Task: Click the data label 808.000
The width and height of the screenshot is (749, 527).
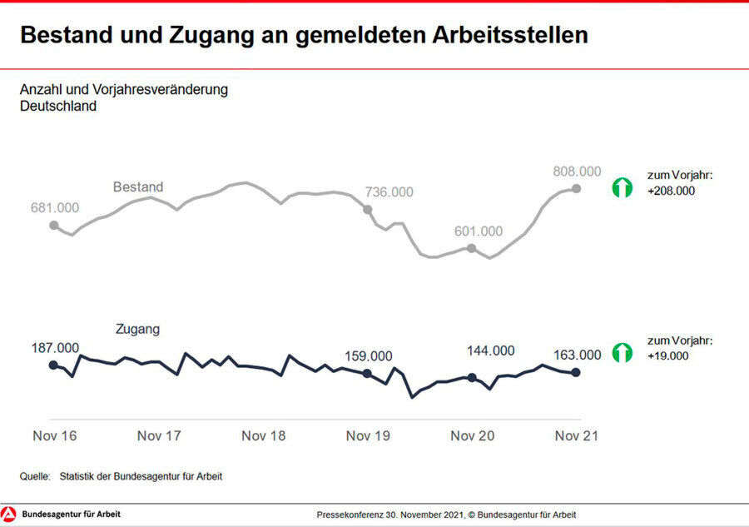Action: [577, 172]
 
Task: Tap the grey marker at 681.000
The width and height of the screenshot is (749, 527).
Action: [54, 225]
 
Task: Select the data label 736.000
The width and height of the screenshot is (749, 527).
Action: [389, 192]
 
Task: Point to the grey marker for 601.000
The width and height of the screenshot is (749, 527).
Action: [471, 248]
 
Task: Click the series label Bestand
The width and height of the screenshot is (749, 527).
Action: [138, 187]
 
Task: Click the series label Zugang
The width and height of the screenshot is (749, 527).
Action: [137, 330]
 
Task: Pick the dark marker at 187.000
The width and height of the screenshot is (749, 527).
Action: [54, 365]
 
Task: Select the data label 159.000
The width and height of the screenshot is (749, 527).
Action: [369, 356]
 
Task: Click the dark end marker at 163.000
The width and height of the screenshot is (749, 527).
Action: [576, 372]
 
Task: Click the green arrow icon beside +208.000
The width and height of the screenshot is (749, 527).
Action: [622, 187]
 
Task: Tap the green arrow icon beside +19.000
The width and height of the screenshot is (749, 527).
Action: [622, 352]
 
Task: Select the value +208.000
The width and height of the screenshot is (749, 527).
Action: [671, 191]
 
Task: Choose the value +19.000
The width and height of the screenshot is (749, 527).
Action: [668, 355]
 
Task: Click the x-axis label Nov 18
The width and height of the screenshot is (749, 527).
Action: [264, 435]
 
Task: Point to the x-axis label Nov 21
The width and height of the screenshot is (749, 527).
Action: [577, 435]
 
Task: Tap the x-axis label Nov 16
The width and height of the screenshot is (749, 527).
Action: [54, 435]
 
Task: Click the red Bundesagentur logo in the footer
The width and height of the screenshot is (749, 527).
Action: [9, 515]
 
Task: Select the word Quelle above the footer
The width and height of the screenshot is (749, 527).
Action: [35, 477]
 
